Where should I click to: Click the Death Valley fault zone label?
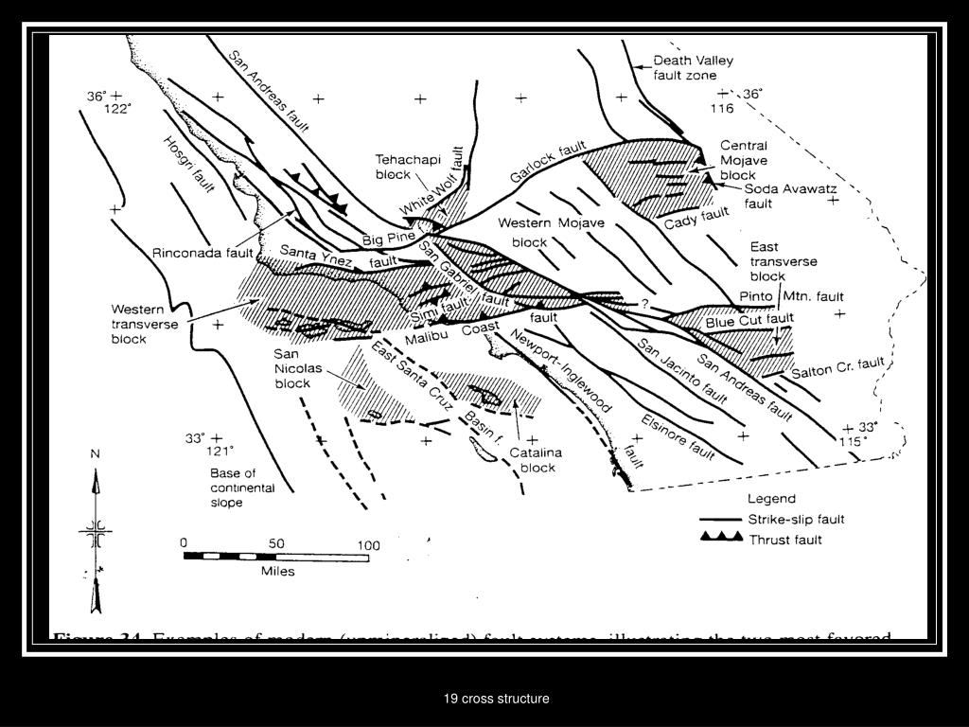(693, 67)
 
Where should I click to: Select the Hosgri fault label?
(189, 167)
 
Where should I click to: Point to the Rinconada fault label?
(203, 253)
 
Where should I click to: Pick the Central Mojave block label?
(744, 160)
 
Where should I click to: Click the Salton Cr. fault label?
(837, 366)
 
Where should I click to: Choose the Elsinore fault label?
(677, 433)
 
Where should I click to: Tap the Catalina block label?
(536, 460)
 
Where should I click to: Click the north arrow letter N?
(95, 453)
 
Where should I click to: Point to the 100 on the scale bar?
(365, 545)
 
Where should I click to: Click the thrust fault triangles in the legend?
(719, 538)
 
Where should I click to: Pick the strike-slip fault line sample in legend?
(721, 520)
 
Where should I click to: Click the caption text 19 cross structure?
(497, 699)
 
